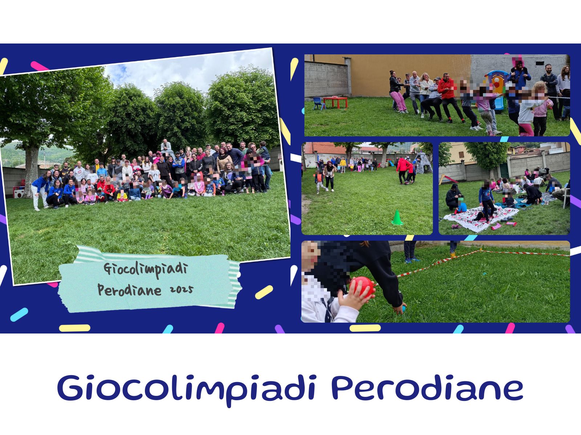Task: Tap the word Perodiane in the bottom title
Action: coord(427,388)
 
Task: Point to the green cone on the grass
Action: coord(397,217)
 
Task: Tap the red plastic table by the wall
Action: coord(335,102)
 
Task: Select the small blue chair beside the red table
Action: coord(319,104)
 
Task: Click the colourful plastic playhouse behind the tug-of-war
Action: coord(495,88)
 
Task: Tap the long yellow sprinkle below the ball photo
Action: coord(365,328)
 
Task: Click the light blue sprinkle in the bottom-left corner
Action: coord(19,315)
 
